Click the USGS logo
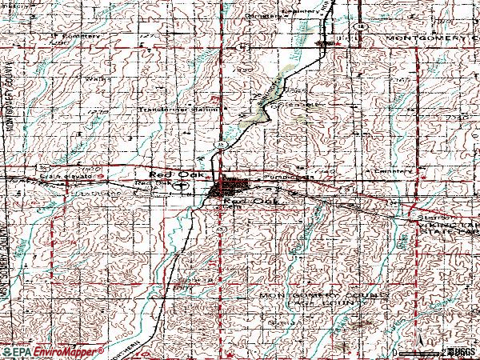(x=462, y=351)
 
